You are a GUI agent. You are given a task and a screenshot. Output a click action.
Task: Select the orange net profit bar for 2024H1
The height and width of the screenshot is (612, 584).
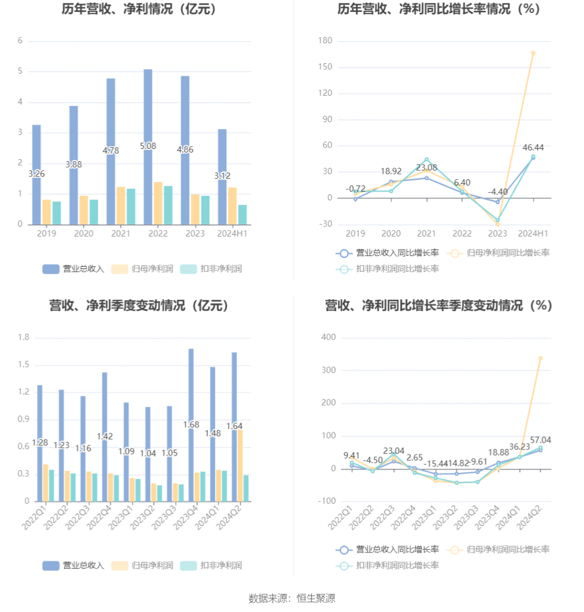tap(232, 206)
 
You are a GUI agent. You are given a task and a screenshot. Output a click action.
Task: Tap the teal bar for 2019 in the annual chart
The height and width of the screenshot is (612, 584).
tap(57, 213)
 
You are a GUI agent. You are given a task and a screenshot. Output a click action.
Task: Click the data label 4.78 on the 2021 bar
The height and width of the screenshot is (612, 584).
tap(111, 150)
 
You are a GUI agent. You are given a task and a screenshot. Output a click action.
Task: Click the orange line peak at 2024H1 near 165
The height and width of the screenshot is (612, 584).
tap(533, 53)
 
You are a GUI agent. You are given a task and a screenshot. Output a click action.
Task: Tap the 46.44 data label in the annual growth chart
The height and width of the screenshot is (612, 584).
tap(533, 147)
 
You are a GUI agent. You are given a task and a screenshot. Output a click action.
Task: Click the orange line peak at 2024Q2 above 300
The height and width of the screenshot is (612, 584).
tap(540, 358)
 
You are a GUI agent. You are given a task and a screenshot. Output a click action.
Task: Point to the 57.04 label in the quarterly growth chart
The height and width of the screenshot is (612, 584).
tap(541, 440)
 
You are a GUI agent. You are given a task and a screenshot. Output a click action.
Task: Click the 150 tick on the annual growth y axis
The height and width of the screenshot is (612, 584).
tap(326, 67)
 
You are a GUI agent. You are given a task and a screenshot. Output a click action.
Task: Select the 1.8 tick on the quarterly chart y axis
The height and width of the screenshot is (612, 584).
tap(24, 337)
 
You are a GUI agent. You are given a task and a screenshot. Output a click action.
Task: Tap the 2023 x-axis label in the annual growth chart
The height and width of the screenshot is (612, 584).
tap(497, 234)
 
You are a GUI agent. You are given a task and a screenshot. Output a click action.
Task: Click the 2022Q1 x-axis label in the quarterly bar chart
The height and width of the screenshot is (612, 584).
tap(34, 517)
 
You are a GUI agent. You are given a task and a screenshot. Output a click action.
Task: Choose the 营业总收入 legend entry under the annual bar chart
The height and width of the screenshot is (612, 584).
tap(74, 269)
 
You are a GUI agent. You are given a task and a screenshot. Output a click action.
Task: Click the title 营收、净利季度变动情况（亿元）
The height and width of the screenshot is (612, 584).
tap(139, 306)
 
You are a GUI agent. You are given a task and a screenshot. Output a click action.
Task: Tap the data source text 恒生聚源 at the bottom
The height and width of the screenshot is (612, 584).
tap(316, 598)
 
